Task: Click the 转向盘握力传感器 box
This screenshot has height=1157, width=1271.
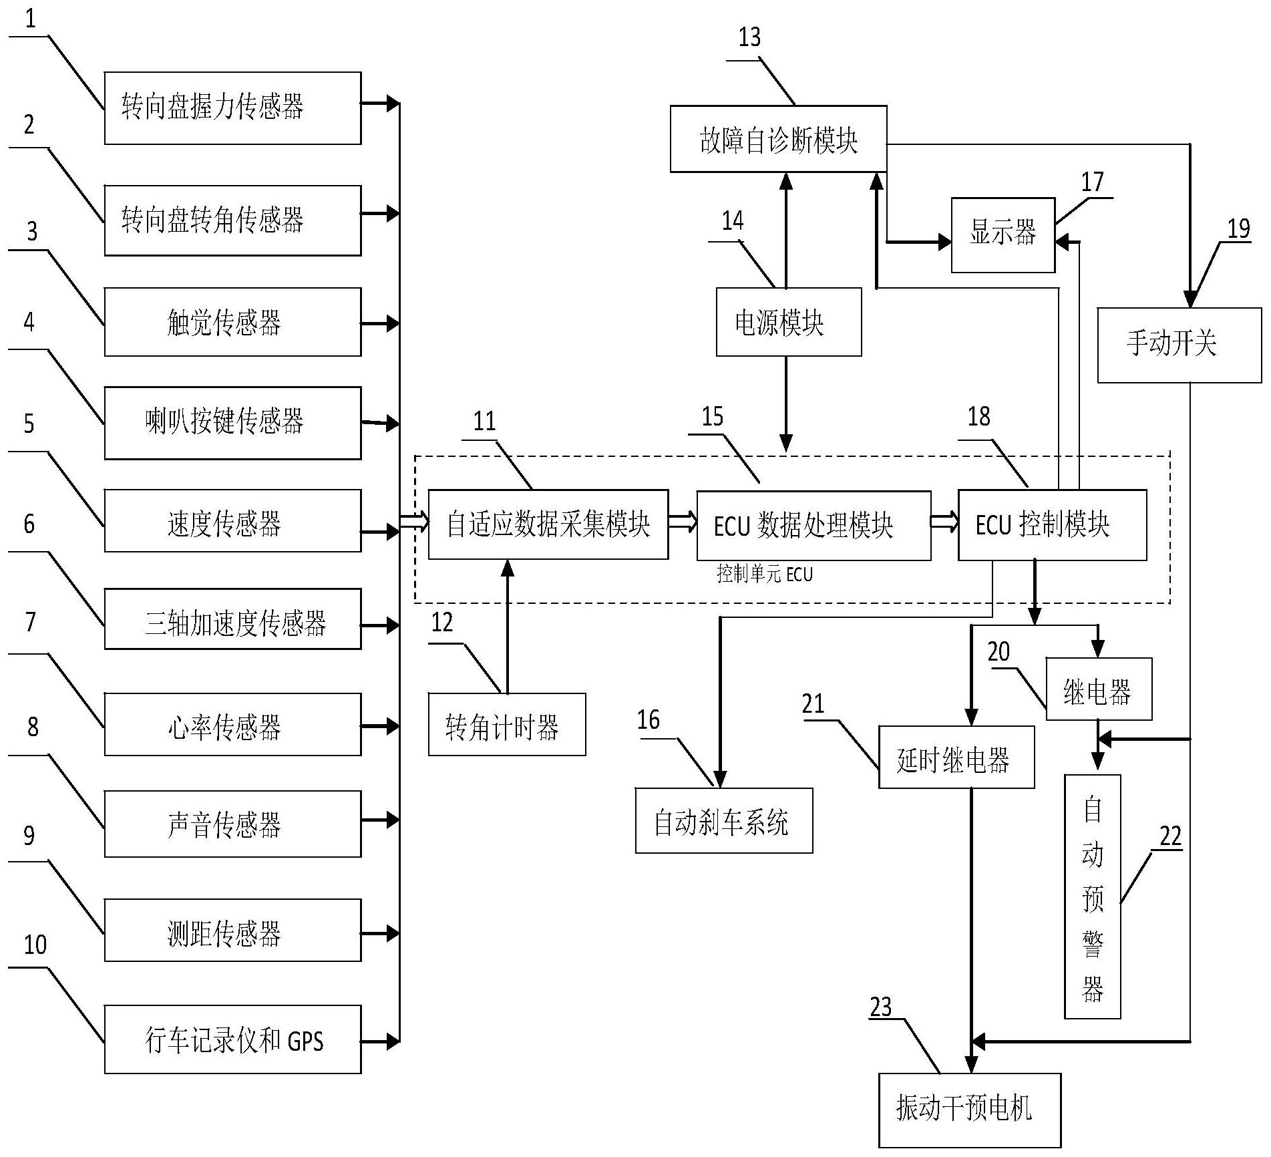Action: [x=232, y=108]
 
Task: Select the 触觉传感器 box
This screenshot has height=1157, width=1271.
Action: [x=232, y=322]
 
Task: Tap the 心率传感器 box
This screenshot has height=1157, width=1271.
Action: [x=232, y=725]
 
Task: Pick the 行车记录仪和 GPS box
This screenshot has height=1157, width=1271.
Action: [x=232, y=1039]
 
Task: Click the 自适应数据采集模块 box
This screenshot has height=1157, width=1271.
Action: [x=548, y=524]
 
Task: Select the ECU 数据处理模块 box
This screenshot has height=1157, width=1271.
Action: [x=813, y=526]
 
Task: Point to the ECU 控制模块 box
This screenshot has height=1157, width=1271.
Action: [x=1052, y=525]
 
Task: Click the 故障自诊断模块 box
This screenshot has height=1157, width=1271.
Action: [x=778, y=139]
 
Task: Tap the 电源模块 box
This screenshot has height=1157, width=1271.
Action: [x=788, y=322]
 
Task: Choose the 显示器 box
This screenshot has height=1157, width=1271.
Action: [x=1003, y=234]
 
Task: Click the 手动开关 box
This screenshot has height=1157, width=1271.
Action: [x=1179, y=345]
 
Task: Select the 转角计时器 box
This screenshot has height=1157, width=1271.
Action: [x=506, y=725]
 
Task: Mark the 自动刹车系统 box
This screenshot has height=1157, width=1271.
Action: [x=723, y=820]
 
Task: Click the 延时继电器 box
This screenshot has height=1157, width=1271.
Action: [x=956, y=758]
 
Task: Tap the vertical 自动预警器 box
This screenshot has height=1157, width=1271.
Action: [x=1092, y=896]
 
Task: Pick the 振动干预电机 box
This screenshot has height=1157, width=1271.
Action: [x=969, y=1110]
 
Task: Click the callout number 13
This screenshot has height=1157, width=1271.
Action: [x=749, y=37]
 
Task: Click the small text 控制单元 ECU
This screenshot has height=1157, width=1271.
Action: [x=765, y=574]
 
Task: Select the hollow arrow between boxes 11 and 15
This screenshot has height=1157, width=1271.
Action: [x=682, y=522]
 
